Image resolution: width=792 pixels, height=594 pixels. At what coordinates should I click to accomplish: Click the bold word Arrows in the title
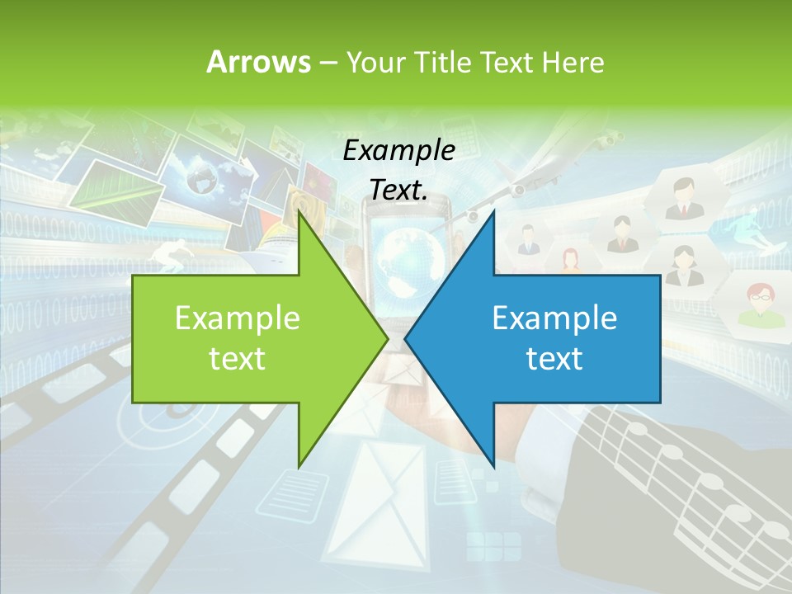click(x=258, y=62)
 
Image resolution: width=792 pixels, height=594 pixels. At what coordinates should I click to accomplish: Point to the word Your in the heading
click(x=375, y=63)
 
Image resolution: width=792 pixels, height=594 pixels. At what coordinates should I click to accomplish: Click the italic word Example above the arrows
click(x=398, y=150)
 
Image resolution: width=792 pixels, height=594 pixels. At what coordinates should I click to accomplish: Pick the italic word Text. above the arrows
click(x=398, y=190)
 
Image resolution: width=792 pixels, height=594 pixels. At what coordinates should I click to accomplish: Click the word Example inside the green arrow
click(x=237, y=318)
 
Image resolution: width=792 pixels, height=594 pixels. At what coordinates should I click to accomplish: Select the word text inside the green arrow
click(x=237, y=358)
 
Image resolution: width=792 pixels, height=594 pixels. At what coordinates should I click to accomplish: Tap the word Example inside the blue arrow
click(x=554, y=318)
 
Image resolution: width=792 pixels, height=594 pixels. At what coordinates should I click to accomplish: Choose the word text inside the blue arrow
click(x=554, y=358)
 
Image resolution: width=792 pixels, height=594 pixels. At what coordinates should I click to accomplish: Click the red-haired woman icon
click(x=570, y=259)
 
